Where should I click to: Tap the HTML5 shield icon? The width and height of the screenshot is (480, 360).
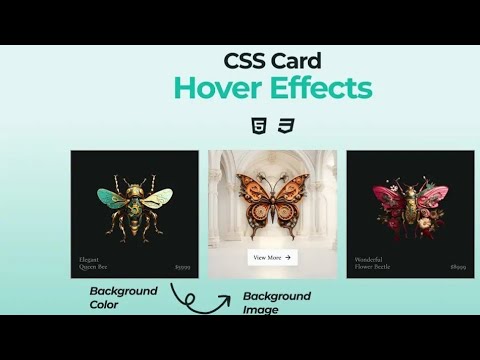point(258,126)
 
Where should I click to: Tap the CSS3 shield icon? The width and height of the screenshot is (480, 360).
point(286,126)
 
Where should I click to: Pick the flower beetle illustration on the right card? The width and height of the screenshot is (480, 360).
point(410,203)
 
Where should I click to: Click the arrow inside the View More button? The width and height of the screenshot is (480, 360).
point(288,257)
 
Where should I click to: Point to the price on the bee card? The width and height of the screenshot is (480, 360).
point(182,268)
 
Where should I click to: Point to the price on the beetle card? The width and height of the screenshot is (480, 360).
point(457,268)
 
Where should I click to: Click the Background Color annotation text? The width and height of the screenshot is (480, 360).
point(123,297)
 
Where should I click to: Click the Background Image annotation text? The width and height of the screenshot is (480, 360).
point(276,302)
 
